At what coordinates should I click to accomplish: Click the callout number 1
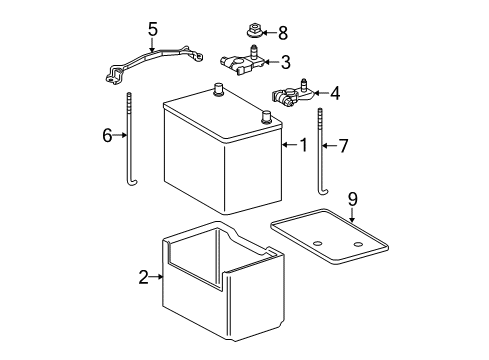(302, 146)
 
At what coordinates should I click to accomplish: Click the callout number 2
(143, 277)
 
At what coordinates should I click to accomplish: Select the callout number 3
(285, 63)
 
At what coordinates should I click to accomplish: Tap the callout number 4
(334, 94)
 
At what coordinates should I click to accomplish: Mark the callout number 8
(281, 33)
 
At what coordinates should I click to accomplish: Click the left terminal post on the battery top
(218, 91)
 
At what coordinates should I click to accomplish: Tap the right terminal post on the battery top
(265, 116)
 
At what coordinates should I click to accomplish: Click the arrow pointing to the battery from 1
(288, 146)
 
